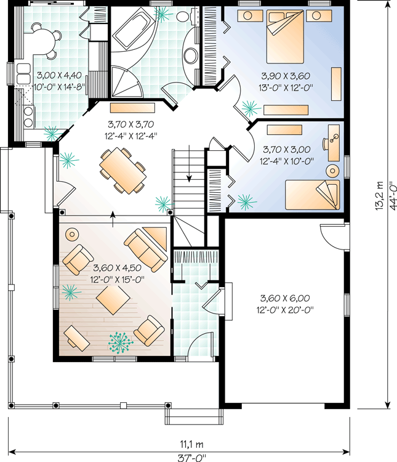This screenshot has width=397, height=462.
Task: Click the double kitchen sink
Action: pyautogui.click(x=23, y=73)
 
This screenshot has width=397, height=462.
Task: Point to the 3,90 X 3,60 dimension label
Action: pyautogui.click(x=286, y=76)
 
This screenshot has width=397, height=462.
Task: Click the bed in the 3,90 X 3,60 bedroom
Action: pyautogui.click(x=285, y=36)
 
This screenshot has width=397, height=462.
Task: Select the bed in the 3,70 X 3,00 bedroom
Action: pyautogui.click(x=312, y=195)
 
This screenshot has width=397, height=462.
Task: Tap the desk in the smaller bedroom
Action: pyautogui.click(x=334, y=143)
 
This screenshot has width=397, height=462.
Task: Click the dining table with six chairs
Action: pyautogui.click(x=123, y=171)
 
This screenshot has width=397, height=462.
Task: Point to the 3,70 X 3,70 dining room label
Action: pyautogui.click(x=130, y=124)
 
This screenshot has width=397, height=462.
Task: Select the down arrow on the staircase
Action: pyautogui.click(x=189, y=163)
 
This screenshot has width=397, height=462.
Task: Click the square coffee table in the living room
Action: pyautogui.click(x=113, y=300)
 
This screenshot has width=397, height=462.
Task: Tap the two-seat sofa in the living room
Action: pyautogui.click(x=146, y=250)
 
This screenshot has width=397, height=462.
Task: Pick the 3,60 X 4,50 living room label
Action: pyautogui.click(x=117, y=268)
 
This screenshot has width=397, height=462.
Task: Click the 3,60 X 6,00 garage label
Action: pyautogui.click(x=285, y=298)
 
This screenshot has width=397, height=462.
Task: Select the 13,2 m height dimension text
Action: pyautogui.click(x=379, y=195)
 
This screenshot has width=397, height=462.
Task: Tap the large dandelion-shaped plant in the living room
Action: pyautogui.click(x=121, y=342)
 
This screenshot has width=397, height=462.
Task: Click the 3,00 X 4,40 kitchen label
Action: pyautogui.click(x=59, y=75)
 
